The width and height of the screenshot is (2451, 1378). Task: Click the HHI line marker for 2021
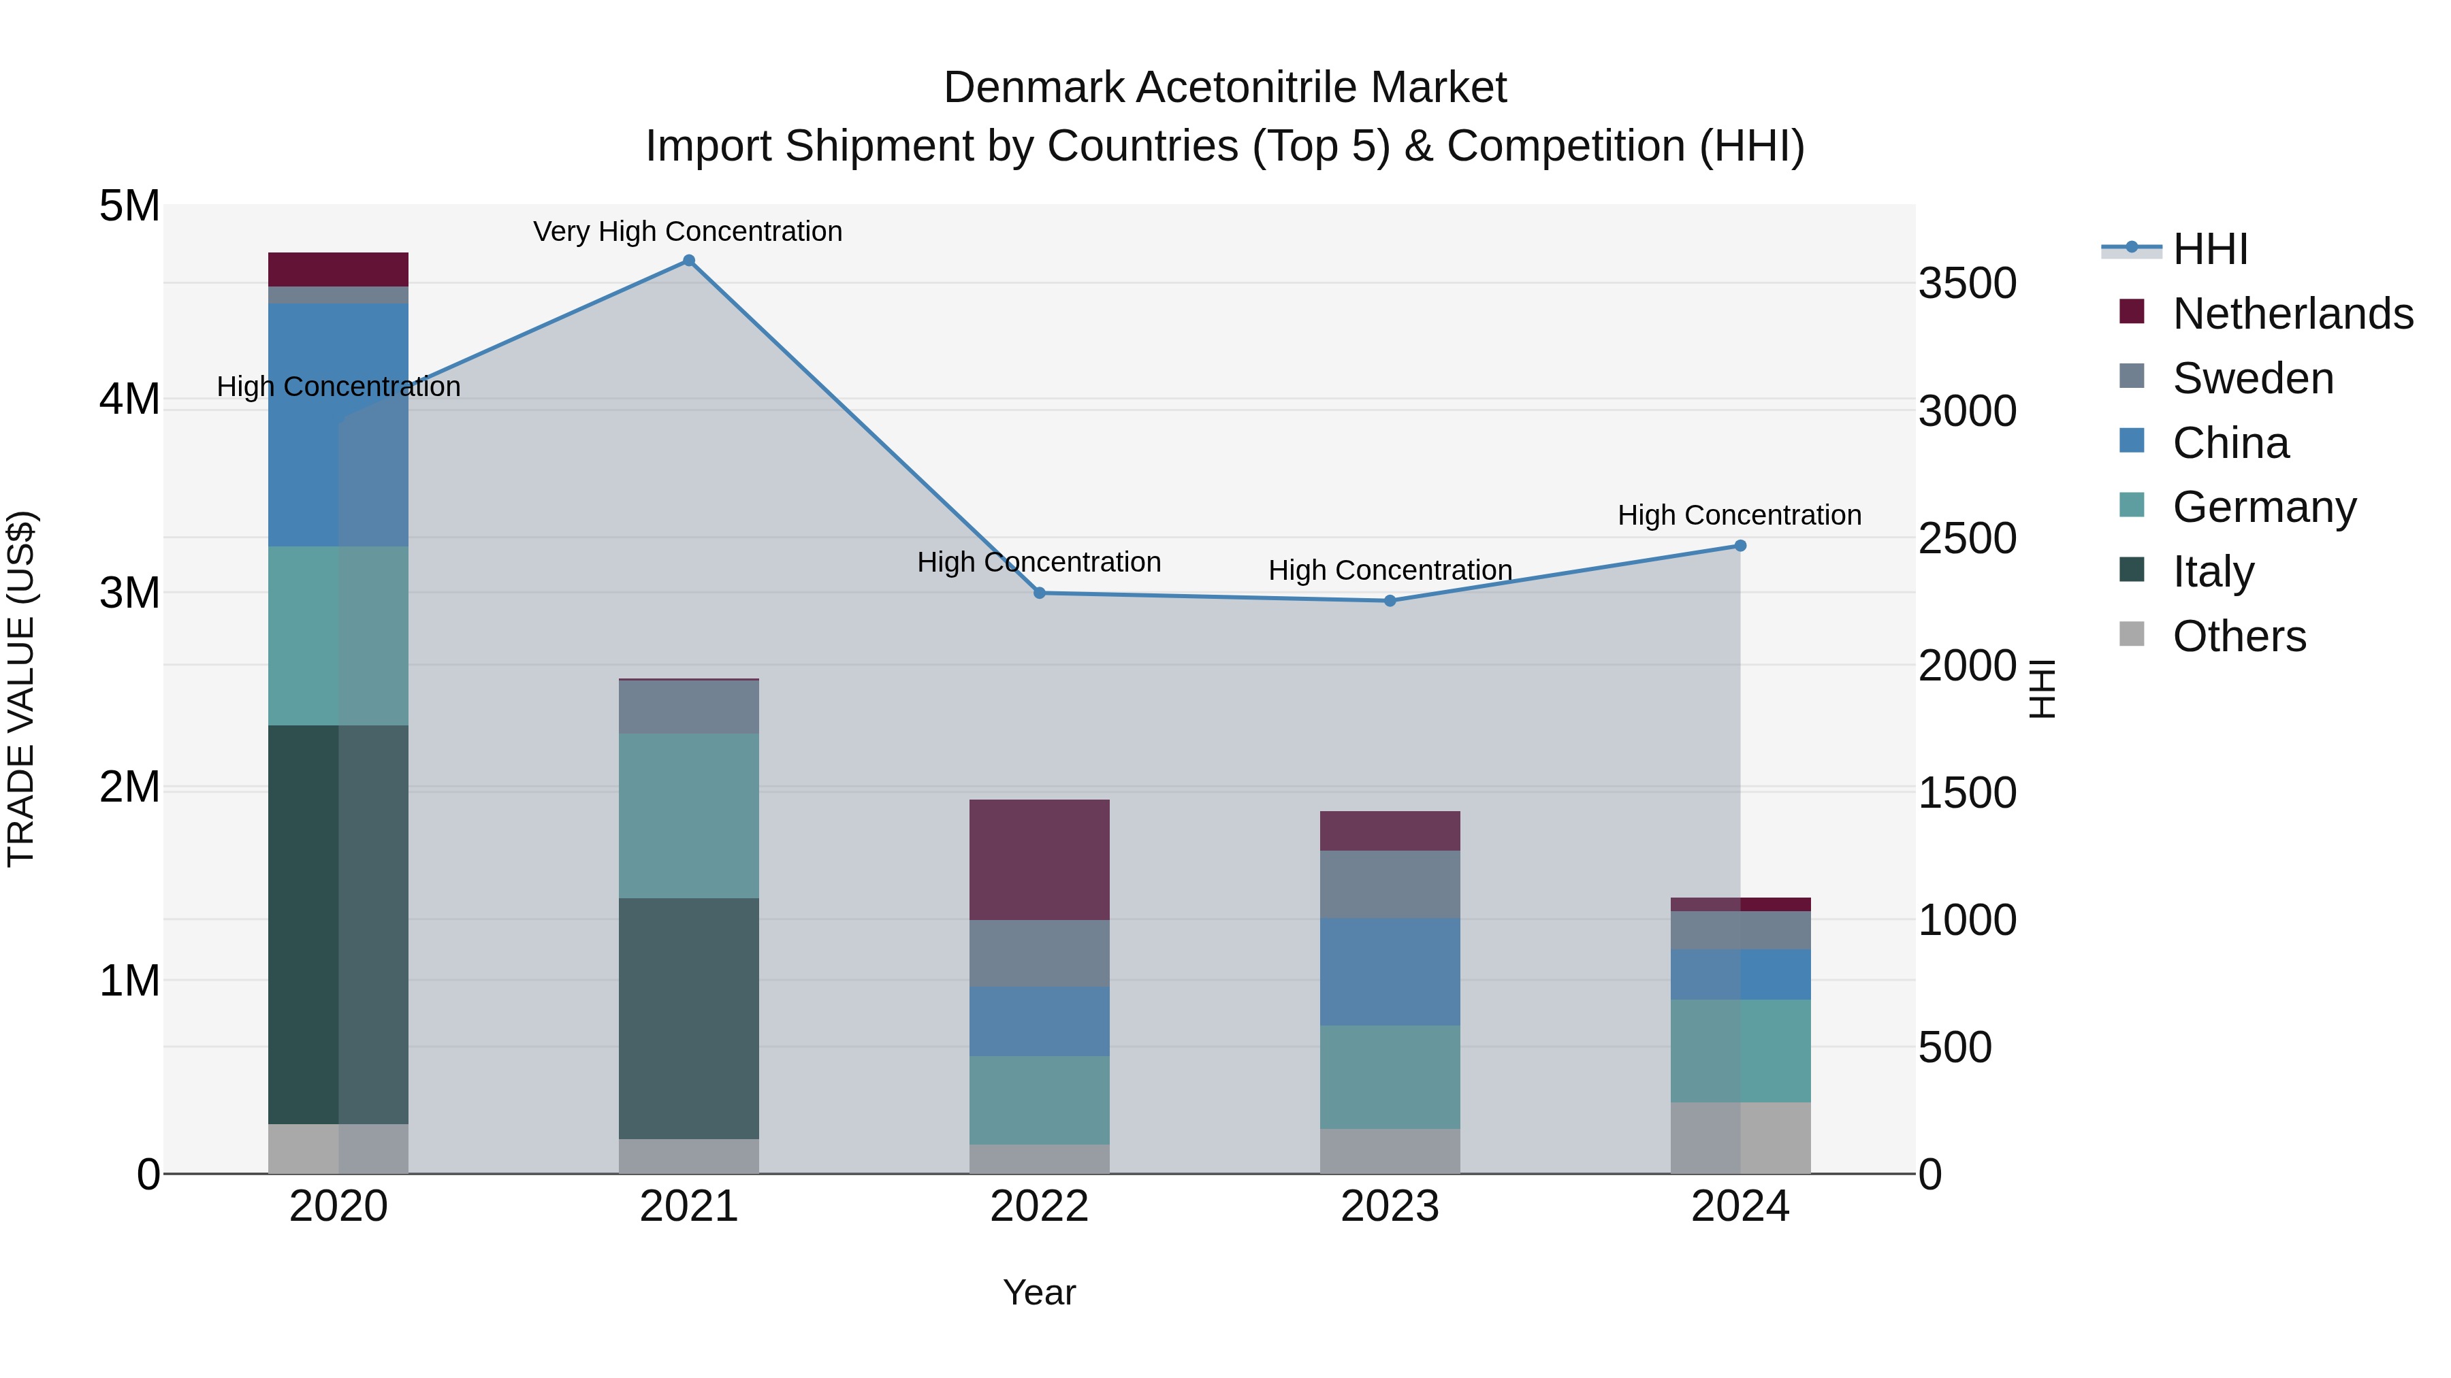tap(689, 261)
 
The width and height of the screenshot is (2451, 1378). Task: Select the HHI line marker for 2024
tap(1740, 546)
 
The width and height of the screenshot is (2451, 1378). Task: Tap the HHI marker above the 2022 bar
tap(1040, 593)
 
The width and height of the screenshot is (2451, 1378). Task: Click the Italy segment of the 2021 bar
tap(689, 1017)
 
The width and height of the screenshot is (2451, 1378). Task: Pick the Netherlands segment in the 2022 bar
tap(1039, 859)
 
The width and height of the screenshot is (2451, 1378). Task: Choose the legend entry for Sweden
tap(2252, 378)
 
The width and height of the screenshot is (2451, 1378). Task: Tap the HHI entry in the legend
tap(2209, 249)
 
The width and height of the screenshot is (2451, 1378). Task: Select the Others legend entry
tap(2239, 636)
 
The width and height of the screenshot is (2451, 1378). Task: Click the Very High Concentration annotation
tap(687, 231)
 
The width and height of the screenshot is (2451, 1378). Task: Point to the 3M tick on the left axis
tap(130, 593)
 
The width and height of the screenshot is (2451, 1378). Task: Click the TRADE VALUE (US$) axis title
tap(21, 689)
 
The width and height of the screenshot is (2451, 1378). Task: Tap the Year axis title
tap(1039, 1292)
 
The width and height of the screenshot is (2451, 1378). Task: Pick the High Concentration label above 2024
tap(1740, 515)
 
